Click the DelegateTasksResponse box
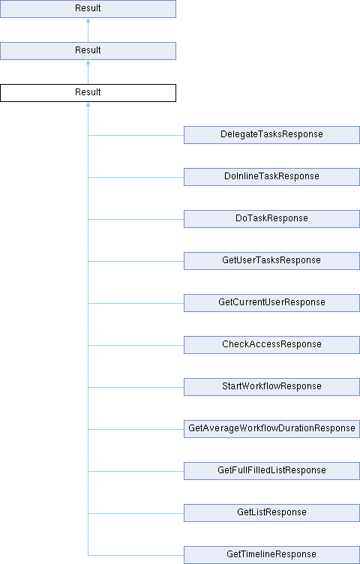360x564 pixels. click(x=271, y=135)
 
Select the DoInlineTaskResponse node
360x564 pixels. click(x=271, y=177)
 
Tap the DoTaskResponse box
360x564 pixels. click(x=271, y=219)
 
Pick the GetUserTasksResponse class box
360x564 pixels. click(x=271, y=261)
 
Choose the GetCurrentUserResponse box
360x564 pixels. click(x=271, y=303)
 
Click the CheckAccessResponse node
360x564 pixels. click(x=271, y=345)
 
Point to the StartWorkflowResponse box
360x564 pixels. click(x=271, y=387)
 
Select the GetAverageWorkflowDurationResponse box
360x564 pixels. click(x=271, y=429)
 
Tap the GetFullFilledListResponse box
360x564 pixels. click(x=271, y=471)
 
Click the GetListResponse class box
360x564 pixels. click(x=271, y=513)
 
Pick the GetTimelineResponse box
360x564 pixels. click(x=271, y=555)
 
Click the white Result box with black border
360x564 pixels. click(x=88, y=93)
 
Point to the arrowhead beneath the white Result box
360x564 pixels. click(x=88, y=104)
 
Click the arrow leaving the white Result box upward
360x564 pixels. click(x=88, y=72)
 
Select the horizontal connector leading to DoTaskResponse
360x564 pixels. click(x=136, y=220)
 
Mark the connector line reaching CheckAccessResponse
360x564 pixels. click(x=136, y=345)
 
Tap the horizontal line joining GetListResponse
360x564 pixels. click(x=136, y=513)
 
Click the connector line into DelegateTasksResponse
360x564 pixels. click(x=136, y=135)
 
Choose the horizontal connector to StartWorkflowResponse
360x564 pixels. click(x=136, y=388)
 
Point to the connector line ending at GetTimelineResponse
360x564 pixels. click(x=136, y=555)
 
